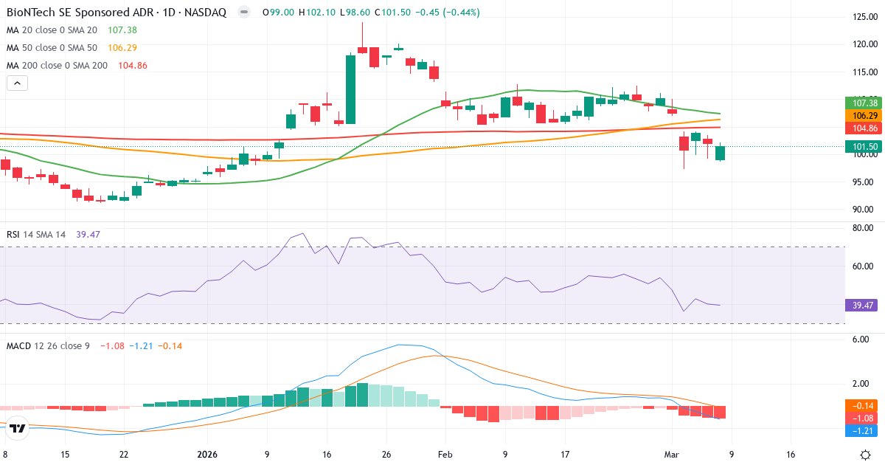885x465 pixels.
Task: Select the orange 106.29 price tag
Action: [864, 115]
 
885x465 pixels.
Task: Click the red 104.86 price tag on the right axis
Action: [864, 128]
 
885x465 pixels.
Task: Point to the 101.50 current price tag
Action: [864, 146]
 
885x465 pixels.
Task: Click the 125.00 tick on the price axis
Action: [864, 16]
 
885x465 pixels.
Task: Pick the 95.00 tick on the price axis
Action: [864, 182]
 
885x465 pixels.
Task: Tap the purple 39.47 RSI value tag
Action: [864, 305]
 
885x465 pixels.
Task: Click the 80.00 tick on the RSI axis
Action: [864, 228]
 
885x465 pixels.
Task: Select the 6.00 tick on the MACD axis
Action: [864, 340]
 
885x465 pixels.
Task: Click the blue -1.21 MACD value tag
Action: [864, 430]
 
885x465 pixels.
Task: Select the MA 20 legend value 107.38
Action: [122, 30]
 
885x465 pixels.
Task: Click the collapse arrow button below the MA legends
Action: [17, 83]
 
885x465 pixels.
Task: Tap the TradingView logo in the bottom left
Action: [19, 428]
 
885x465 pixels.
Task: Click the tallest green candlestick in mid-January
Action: [350, 89]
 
